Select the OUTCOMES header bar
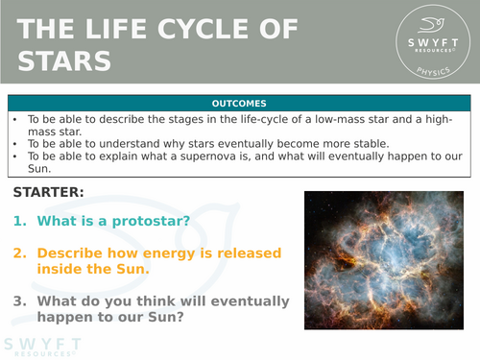click(x=239, y=104)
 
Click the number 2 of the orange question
click(x=20, y=253)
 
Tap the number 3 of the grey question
click(x=20, y=300)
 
